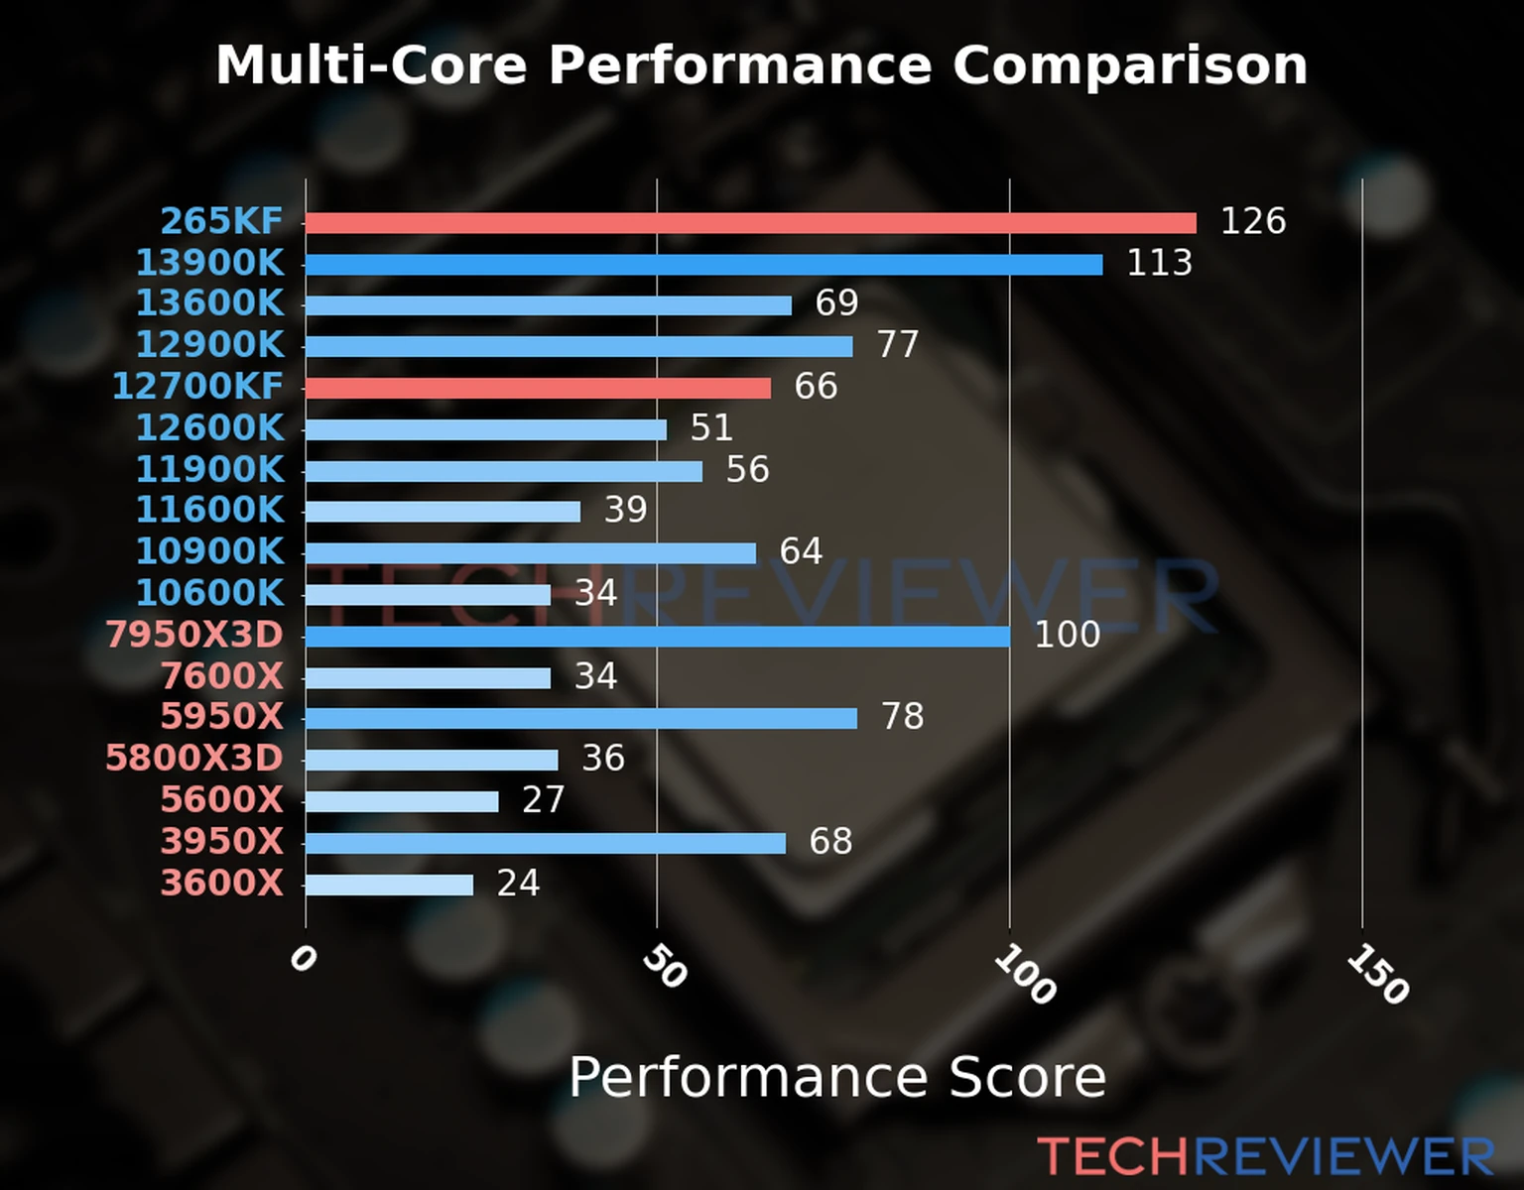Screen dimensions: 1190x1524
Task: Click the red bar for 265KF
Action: coord(750,223)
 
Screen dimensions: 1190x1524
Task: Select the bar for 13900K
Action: coord(703,265)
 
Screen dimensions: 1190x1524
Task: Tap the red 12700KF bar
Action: coord(538,388)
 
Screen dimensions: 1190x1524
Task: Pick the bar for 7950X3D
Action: coord(657,637)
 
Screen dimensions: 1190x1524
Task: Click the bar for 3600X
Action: coord(389,885)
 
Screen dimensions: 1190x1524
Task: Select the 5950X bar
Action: coord(580,718)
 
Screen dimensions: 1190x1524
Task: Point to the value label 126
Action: coord(1252,221)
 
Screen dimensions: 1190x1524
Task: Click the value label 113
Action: coord(1159,263)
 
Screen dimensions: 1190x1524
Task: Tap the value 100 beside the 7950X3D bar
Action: coord(1067,635)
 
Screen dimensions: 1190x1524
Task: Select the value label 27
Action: coord(543,800)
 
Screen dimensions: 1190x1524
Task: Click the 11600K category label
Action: coord(209,510)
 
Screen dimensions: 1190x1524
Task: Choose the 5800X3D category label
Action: coord(194,759)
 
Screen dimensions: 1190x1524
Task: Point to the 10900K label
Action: coord(209,551)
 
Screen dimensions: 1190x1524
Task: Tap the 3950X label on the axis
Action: coord(222,842)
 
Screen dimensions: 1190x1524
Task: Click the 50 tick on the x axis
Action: coord(664,967)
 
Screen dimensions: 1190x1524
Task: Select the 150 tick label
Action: coord(1377,975)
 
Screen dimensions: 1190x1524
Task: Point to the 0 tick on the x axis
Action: coord(303,959)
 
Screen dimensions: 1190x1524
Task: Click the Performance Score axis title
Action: coord(836,1077)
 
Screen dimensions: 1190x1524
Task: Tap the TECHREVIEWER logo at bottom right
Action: coord(1265,1157)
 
